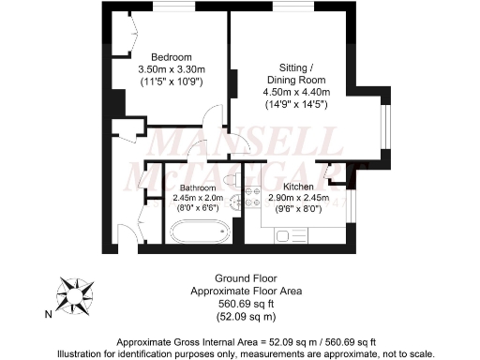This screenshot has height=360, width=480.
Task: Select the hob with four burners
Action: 250,197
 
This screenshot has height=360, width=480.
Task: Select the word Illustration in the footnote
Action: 83,352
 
